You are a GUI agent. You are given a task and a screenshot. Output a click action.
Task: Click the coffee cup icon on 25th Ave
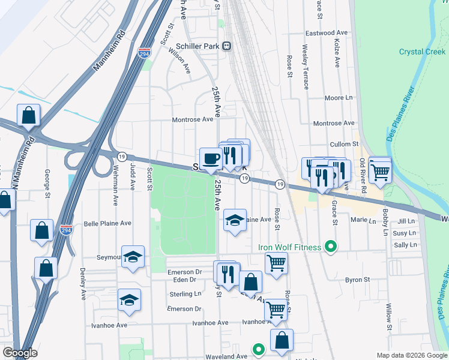[x=210, y=158]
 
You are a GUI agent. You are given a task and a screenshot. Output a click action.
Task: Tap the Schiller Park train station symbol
[x=227, y=46]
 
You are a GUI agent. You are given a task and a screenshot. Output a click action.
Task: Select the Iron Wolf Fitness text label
[x=290, y=247]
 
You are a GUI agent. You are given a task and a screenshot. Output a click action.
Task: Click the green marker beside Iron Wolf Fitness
[x=330, y=246]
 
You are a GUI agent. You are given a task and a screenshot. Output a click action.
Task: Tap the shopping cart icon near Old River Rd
[x=380, y=172]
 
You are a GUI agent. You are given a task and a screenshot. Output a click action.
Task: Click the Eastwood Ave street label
[x=327, y=32]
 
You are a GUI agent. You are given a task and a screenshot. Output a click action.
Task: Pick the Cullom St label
[x=344, y=144]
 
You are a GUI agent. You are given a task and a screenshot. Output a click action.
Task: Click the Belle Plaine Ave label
[x=107, y=223]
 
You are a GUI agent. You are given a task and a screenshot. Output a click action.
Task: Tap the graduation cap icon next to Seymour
[x=133, y=257]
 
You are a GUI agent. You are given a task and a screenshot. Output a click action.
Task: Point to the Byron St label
[x=357, y=280]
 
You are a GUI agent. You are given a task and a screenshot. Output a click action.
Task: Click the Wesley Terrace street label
[x=305, y=67]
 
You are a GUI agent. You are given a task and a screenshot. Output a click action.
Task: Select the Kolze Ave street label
[x=337, y=53]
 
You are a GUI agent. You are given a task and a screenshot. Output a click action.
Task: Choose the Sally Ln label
[x=405, y=245]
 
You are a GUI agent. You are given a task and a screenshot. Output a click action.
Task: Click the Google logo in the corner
[x=20, y=353]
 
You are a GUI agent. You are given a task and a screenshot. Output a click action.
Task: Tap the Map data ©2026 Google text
[x=411, y=355]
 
